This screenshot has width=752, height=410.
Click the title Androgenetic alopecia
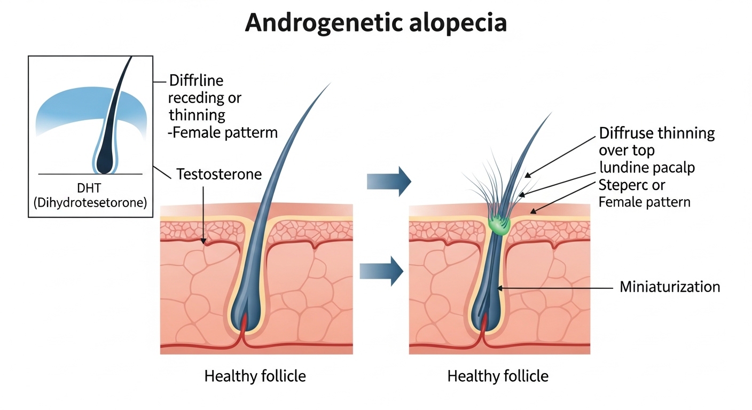[x=375, y=23]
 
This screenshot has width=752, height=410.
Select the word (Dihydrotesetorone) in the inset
[x=89, y=203]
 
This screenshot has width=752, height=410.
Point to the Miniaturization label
[x=670, y=287]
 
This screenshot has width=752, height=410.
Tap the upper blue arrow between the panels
[x=389, y=182]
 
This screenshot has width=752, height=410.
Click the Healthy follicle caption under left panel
[x=255, y=376]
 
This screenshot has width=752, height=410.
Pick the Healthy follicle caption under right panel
[x=498, y=376]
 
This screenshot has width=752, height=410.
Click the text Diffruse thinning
[x=657, y=133]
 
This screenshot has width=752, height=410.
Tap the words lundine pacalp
[x=647, y=168]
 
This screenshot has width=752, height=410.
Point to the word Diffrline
[x=196, y=81]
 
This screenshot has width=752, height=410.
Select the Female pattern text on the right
[x=645, y=202]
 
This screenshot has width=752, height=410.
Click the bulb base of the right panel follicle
[x=485, y=315]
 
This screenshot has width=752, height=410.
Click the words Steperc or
[x=632, y=185]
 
